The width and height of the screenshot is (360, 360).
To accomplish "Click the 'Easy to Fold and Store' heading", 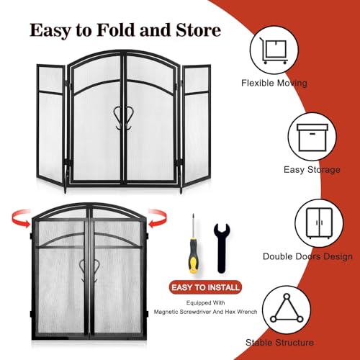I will pos(125,31).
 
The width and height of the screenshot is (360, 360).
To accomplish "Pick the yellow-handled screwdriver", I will pos(194,243).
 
